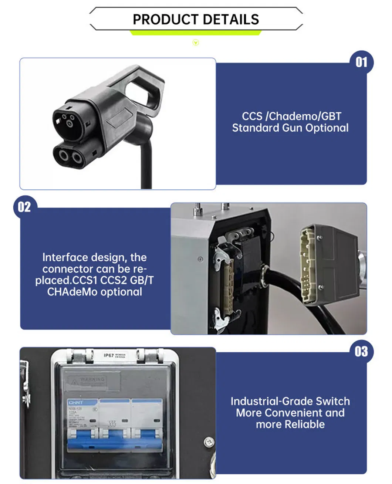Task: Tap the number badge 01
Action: click(x=361, y=62)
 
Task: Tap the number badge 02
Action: click(x=24, y=207)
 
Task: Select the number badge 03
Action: click(x=361, y=351)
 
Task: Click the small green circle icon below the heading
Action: click(x=196, y=43)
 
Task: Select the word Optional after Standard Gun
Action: click(x=327, y=128)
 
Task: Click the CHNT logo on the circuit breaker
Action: click(x=75, y=402)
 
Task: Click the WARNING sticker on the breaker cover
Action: click(x=93, y=380)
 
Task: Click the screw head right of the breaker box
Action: click(x=209, y=441)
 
